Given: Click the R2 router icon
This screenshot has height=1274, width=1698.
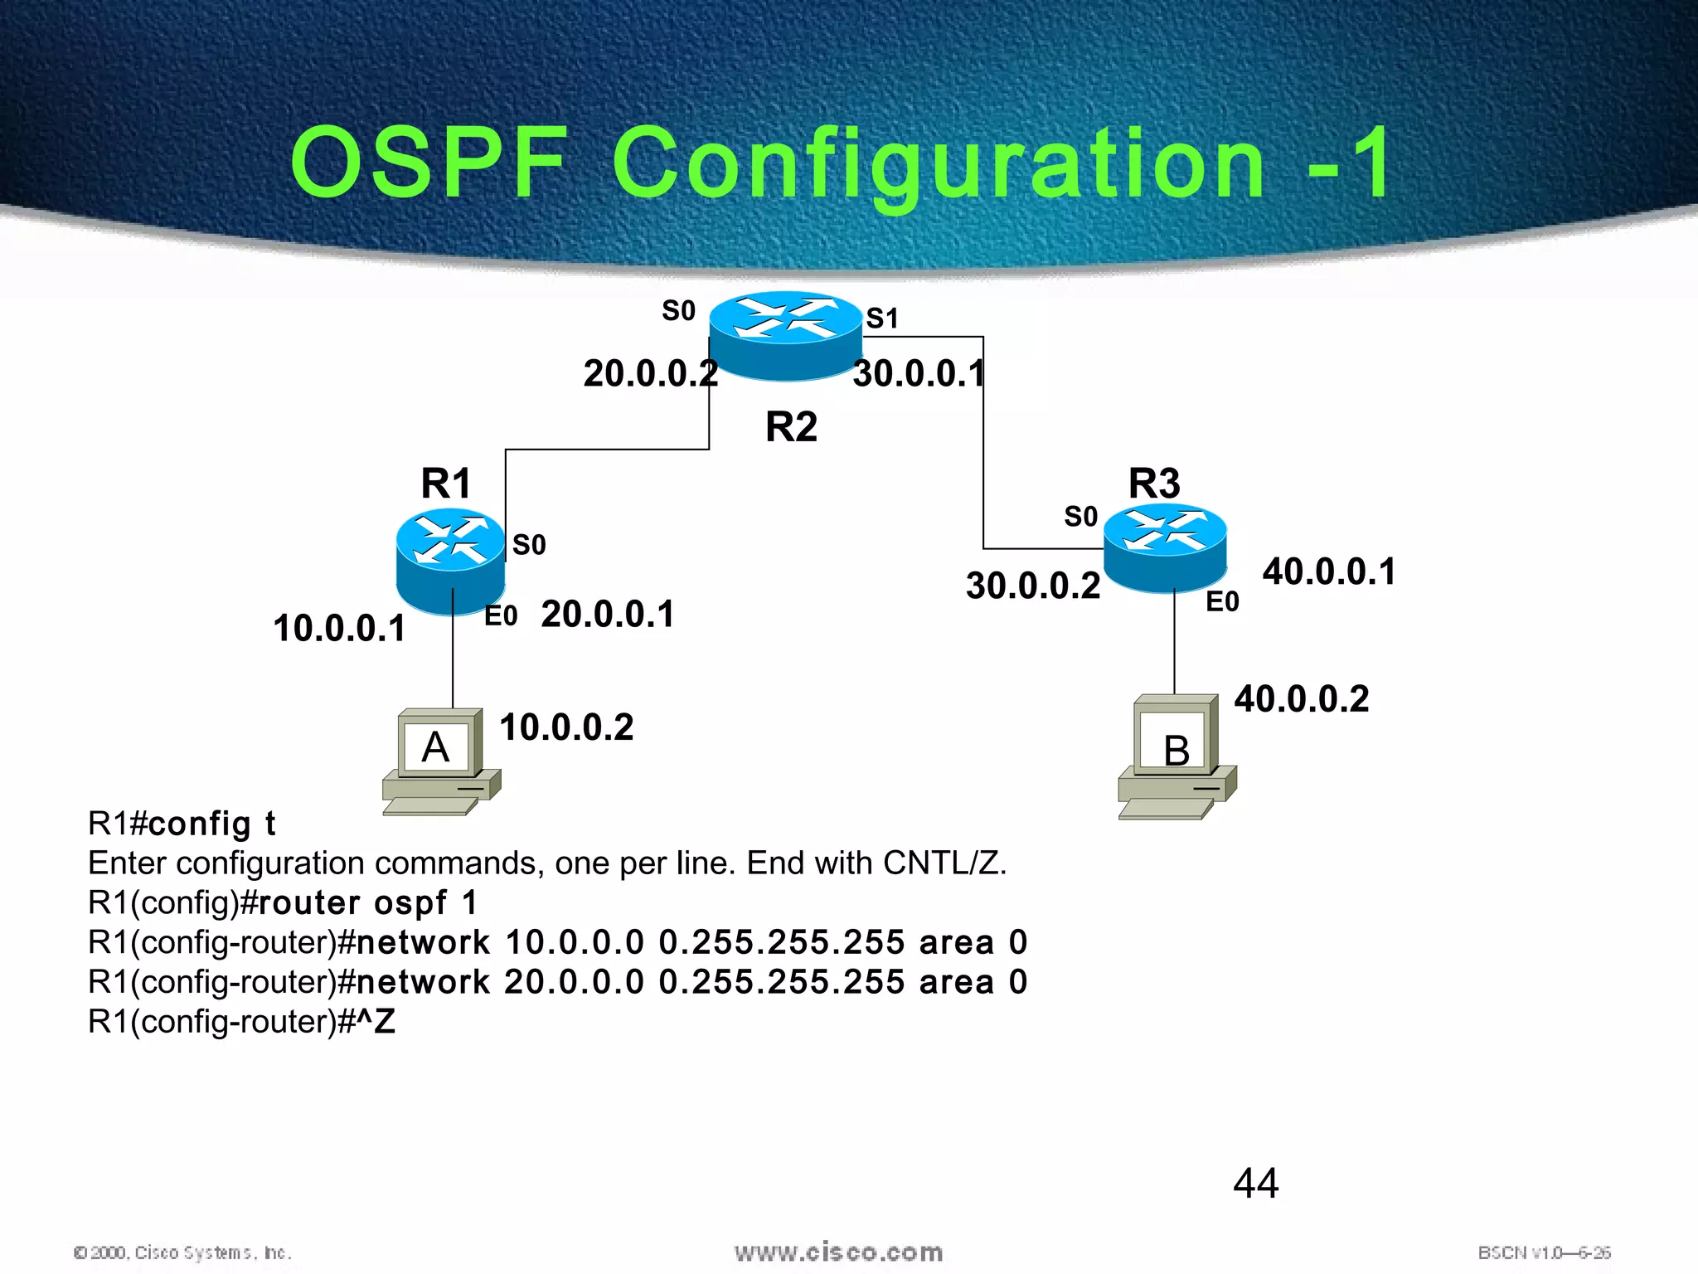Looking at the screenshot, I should click(785, 336).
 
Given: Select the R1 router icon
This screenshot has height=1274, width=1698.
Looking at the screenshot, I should click(450, 561).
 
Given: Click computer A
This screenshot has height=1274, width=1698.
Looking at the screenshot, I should click(440, 761).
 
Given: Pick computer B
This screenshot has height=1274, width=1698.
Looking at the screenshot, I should click(1176, 756).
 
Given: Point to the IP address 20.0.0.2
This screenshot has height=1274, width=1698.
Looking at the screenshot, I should click(650, 373).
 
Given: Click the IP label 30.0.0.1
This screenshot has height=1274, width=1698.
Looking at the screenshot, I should click(919, 373).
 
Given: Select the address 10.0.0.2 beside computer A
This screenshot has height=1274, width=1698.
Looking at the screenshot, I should click(566, 727).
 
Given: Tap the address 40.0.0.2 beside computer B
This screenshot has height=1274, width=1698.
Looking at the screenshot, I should click(1301, 698).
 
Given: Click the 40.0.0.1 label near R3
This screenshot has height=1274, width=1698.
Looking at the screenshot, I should click(1329, 571).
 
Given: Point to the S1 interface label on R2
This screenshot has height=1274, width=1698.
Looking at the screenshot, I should click(882, 318).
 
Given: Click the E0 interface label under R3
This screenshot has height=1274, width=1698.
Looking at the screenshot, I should click(1222, 601).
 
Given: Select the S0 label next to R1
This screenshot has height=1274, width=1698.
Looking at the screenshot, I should click(529, 545).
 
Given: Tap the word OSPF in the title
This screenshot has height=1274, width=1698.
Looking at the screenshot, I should click(429, 163).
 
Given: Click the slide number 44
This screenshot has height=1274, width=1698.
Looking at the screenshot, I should click(1255, 1182).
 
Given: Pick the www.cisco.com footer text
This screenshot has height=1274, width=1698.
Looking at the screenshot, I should click(838, 1252).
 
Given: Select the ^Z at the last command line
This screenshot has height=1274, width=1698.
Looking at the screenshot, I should click(377, 1021).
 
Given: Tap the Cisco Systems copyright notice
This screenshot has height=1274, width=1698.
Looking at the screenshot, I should click(182, 1252).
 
